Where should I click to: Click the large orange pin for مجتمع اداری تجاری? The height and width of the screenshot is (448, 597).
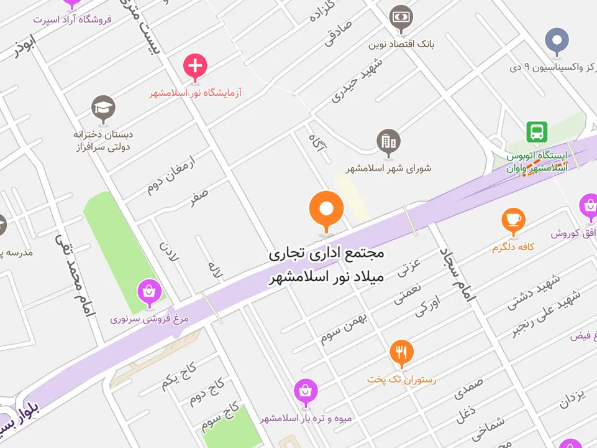pyautogui.click(x=326, y=210)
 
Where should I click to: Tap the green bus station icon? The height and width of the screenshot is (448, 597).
pyautogui.click(x=537, y=132)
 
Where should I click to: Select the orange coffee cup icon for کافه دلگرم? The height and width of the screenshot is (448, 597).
pyautogui.click(x=513, y=220)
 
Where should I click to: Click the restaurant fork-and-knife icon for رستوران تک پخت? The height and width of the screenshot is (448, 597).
pyautogui.click(x=401, y=352)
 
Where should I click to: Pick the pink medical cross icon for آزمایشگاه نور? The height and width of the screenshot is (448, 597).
pyautogui.click(x=195, y=65)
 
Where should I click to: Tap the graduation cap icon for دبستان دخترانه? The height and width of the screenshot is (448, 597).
pyautogui.click(x=103, y=108)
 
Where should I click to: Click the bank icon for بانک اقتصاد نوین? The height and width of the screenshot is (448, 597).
pyautogui.click(x=401, y=17)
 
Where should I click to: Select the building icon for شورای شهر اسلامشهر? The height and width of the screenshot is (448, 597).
pyautogui.click(x=389, y=142)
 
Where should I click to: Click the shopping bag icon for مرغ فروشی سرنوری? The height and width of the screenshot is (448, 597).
pyautogui.click(x=149, y=291)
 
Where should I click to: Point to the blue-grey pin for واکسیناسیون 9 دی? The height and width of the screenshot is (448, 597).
pyautogui.click(x=557, y=40)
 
